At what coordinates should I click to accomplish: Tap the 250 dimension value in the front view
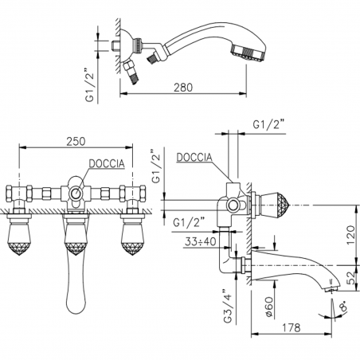coord(77,141)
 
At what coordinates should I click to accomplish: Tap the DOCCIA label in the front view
coord(105,164)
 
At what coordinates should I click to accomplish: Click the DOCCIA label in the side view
coord(194,158)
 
